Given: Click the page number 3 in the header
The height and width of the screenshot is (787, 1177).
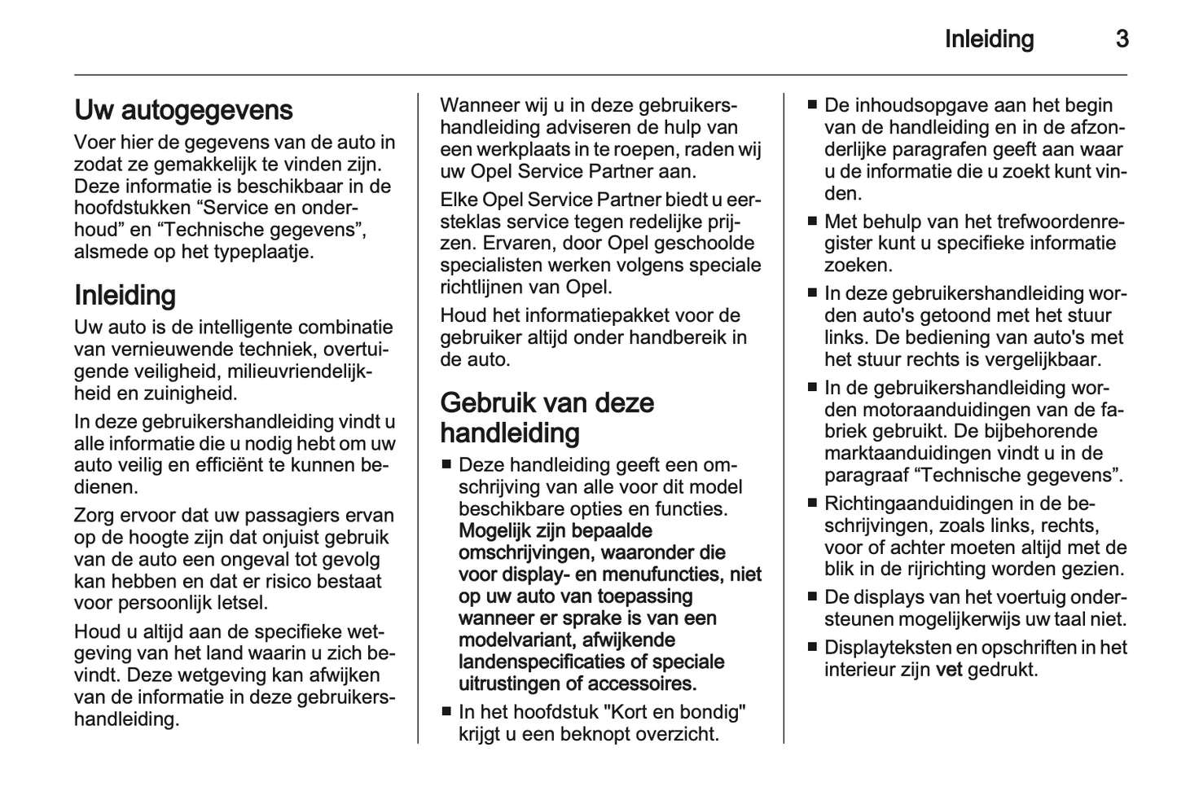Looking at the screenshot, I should [1122, 39].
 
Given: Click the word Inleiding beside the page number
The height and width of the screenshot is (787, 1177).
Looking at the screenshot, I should [989, 39].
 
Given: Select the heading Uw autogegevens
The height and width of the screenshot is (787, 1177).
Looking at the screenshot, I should [183, 110].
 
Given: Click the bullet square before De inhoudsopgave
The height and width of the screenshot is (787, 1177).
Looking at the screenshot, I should [811, 105].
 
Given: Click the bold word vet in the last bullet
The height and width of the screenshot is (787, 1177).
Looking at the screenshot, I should [949, 670].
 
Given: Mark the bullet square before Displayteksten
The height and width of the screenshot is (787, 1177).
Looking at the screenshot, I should [811, 649].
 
